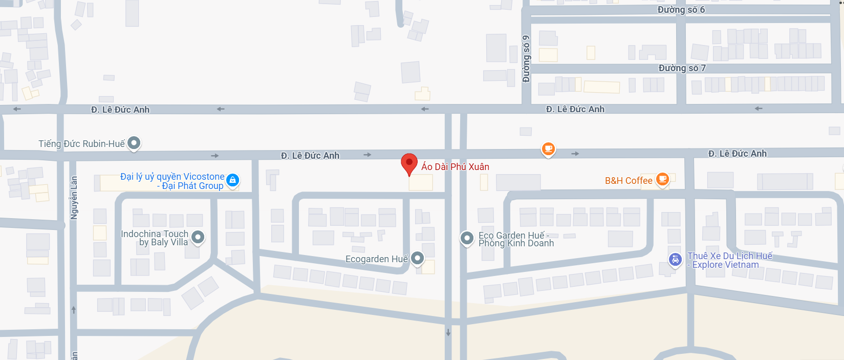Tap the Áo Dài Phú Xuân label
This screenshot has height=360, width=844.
pyautogui.click(x=455, y=167)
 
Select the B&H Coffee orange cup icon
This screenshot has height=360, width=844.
pyautogui.click(x=662, y=179)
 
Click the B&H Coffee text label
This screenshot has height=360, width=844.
pyautogui.click(x=629, y=181)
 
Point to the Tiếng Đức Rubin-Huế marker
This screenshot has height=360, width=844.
pyautogui.click(x=134, y=143)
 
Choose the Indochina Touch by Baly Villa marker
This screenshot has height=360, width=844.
pyautogui.click(x=198, y=237)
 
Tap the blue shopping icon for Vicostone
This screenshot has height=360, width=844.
pyautogui.click(x=232, y=180)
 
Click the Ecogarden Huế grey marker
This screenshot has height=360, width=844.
pyautogui.click(x=418, y=258)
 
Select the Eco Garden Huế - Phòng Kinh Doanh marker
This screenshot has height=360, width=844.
pyautogui.click(x=467, y=238)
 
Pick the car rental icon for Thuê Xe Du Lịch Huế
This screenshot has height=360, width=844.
pyautogui.click(x=676, y=260)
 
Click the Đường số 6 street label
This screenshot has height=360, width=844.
pyautogui.click(x=681, y=10)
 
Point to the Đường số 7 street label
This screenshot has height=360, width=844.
pyautogui.click(x=682, y=68)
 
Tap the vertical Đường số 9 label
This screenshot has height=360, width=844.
pyautogui.click(x=526, y=59)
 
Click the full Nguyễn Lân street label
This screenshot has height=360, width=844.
pyautogui.click(x=74, y=198)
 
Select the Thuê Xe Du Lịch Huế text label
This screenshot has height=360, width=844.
pyautogui.click(x=729, y=260)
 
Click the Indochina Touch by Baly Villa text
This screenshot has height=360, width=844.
pyautogui.click(x=155, y=238)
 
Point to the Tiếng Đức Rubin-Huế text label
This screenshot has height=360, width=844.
pyautogui.click(x=81, y=144)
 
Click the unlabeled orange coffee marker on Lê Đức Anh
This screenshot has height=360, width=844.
pyautogui.click(x=548, y=149)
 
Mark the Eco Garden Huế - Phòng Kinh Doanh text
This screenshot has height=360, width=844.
pyautogui.click(x=516, y=239)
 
